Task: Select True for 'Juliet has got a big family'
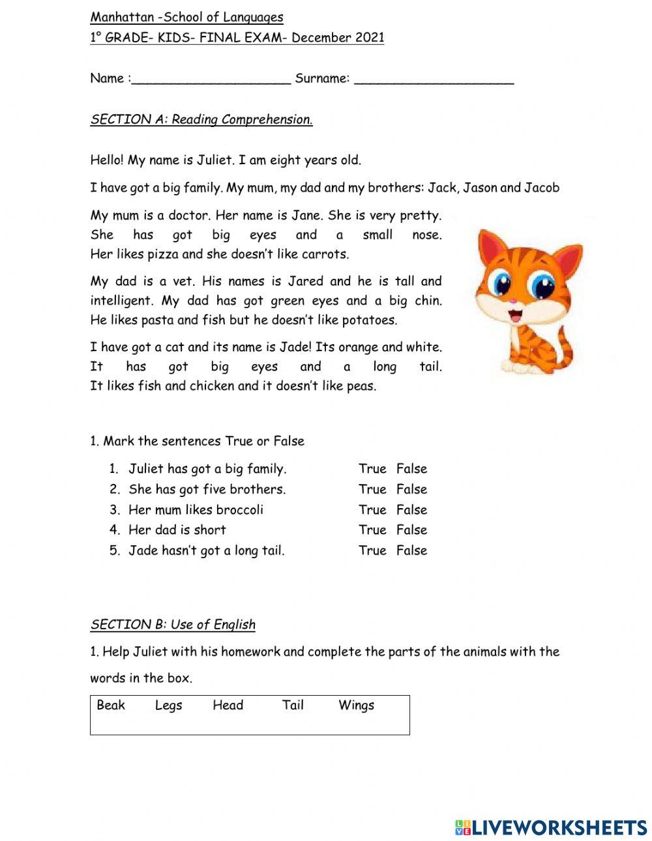(x=372, y=469)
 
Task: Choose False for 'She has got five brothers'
(x=411, y=489)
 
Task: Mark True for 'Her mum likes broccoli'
(x=372, y=510)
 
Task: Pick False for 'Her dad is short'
(x=411, y=530)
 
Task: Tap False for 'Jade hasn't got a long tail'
(x=411, y=550)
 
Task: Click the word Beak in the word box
(x=111, y=705)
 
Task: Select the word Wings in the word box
(x=356, y=706)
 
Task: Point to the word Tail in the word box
(x=293, y=705)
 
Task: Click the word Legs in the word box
(x=168, y=706)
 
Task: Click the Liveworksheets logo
(x=550, y=827)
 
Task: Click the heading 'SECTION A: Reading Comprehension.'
(x=201, y=119)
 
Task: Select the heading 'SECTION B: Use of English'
(x=173, y=625)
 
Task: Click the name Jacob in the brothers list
(x=541, y=188)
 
